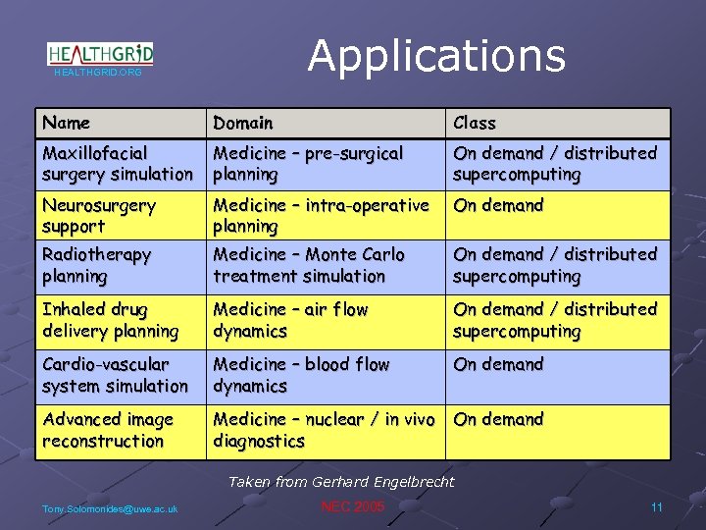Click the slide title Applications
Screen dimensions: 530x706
pyautogui.click(x=436, y=56)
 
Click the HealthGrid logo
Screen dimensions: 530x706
pyautogui.click(x=99, y=56)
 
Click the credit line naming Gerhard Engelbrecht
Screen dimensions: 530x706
pyautogui.click(x=341, y=481)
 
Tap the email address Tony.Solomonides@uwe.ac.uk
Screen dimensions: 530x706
pyautogui.click(x=110, y=508)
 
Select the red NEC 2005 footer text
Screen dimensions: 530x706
pyautogui.click(x=353, y=506)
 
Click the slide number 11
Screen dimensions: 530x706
pyautogui.click(x=656, y=506)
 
